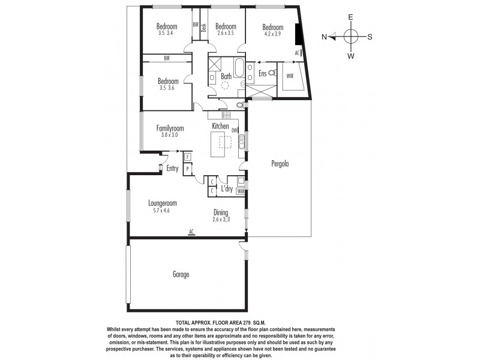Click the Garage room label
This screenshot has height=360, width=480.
pyautogui.click(x=181, y=274)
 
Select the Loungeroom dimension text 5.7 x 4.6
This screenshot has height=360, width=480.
pyautogui.click(x=162, y=211)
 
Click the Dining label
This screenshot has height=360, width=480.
pyautogui.click(x=223, y=212)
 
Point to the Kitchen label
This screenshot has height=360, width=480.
pyautogui.click(x=220, y=126)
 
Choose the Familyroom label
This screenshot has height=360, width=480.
pyautogui.click(x=170, y=128)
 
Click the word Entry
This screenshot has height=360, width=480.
pyautogui.click(x=173, y=169)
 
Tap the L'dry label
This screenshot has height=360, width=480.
pyautogui.click(x=227, y=189)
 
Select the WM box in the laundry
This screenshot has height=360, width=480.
pyautogui.click(x=241, y=191)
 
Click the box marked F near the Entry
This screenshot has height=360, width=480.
pyautogui.click(x=187, y=157)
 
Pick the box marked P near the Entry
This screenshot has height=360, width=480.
pyautogui.click(x=187, y=169)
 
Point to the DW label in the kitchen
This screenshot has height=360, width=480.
pyautogui.click(x=235, y=130)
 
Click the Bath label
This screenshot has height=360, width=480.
pyautogui.click(x=226, y=76)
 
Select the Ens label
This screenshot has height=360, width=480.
pyautogui.click(x=262, y=73)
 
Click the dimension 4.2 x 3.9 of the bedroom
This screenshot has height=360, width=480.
pyautogui.click(x=272, y=34)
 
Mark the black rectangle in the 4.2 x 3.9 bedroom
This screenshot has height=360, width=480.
pyautogui.click(x=298, y=34)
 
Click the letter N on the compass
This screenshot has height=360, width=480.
pyautogui.click(x=324, y=37)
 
